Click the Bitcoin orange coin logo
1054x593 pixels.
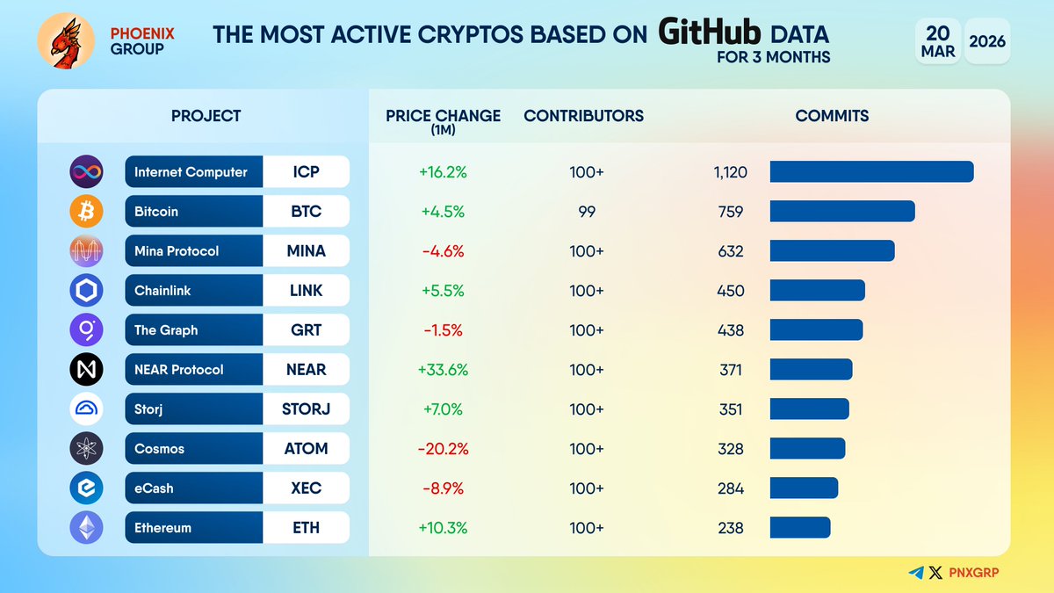pyautogui.click(x=86, y=212)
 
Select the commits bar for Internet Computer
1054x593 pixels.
pyautogui.click(x=871, y=172)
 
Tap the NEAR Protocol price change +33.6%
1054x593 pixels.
pyautogui.click(x=444, y=370)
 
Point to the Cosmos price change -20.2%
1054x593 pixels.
pyautogui.click(x=444, y=449)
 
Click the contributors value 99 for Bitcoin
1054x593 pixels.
pyautogui.click(x=586, y=212)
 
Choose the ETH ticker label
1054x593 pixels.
pyautogui.click(x=306, y=528)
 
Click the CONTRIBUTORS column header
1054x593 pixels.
pyautogui.click(x=583, y=116)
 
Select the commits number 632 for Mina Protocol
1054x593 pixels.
pyautogui.click(x=730, y=251)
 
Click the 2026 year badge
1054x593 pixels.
pyautogui.click(x=987, y=41)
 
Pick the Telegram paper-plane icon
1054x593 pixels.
pyautogui.click(x=916, y=573)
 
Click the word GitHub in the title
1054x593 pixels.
pyautogui.click(x=710, y=34)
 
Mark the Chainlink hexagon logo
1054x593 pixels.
pyautogui.click(x=86, y=291)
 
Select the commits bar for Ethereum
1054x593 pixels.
pyautogui.click(x=799, y=528)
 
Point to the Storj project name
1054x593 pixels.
pyautogui.click(x=150, y=409)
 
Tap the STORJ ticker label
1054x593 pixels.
pyautogui.click(x=306, y=409)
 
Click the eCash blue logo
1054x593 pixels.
pyautogui.click(x=86, y=488)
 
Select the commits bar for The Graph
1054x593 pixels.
pyautogui.click(x=816, y=330)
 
